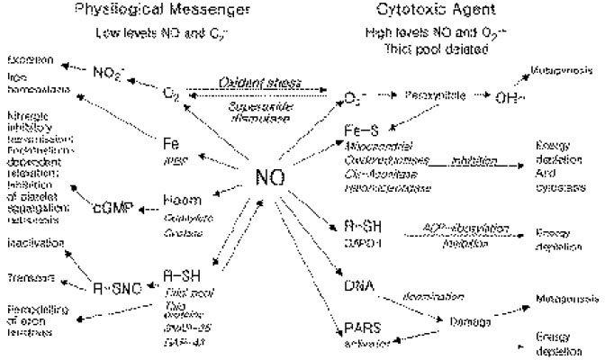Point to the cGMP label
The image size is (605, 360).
(113, 209)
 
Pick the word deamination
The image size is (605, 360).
(437, 295)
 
